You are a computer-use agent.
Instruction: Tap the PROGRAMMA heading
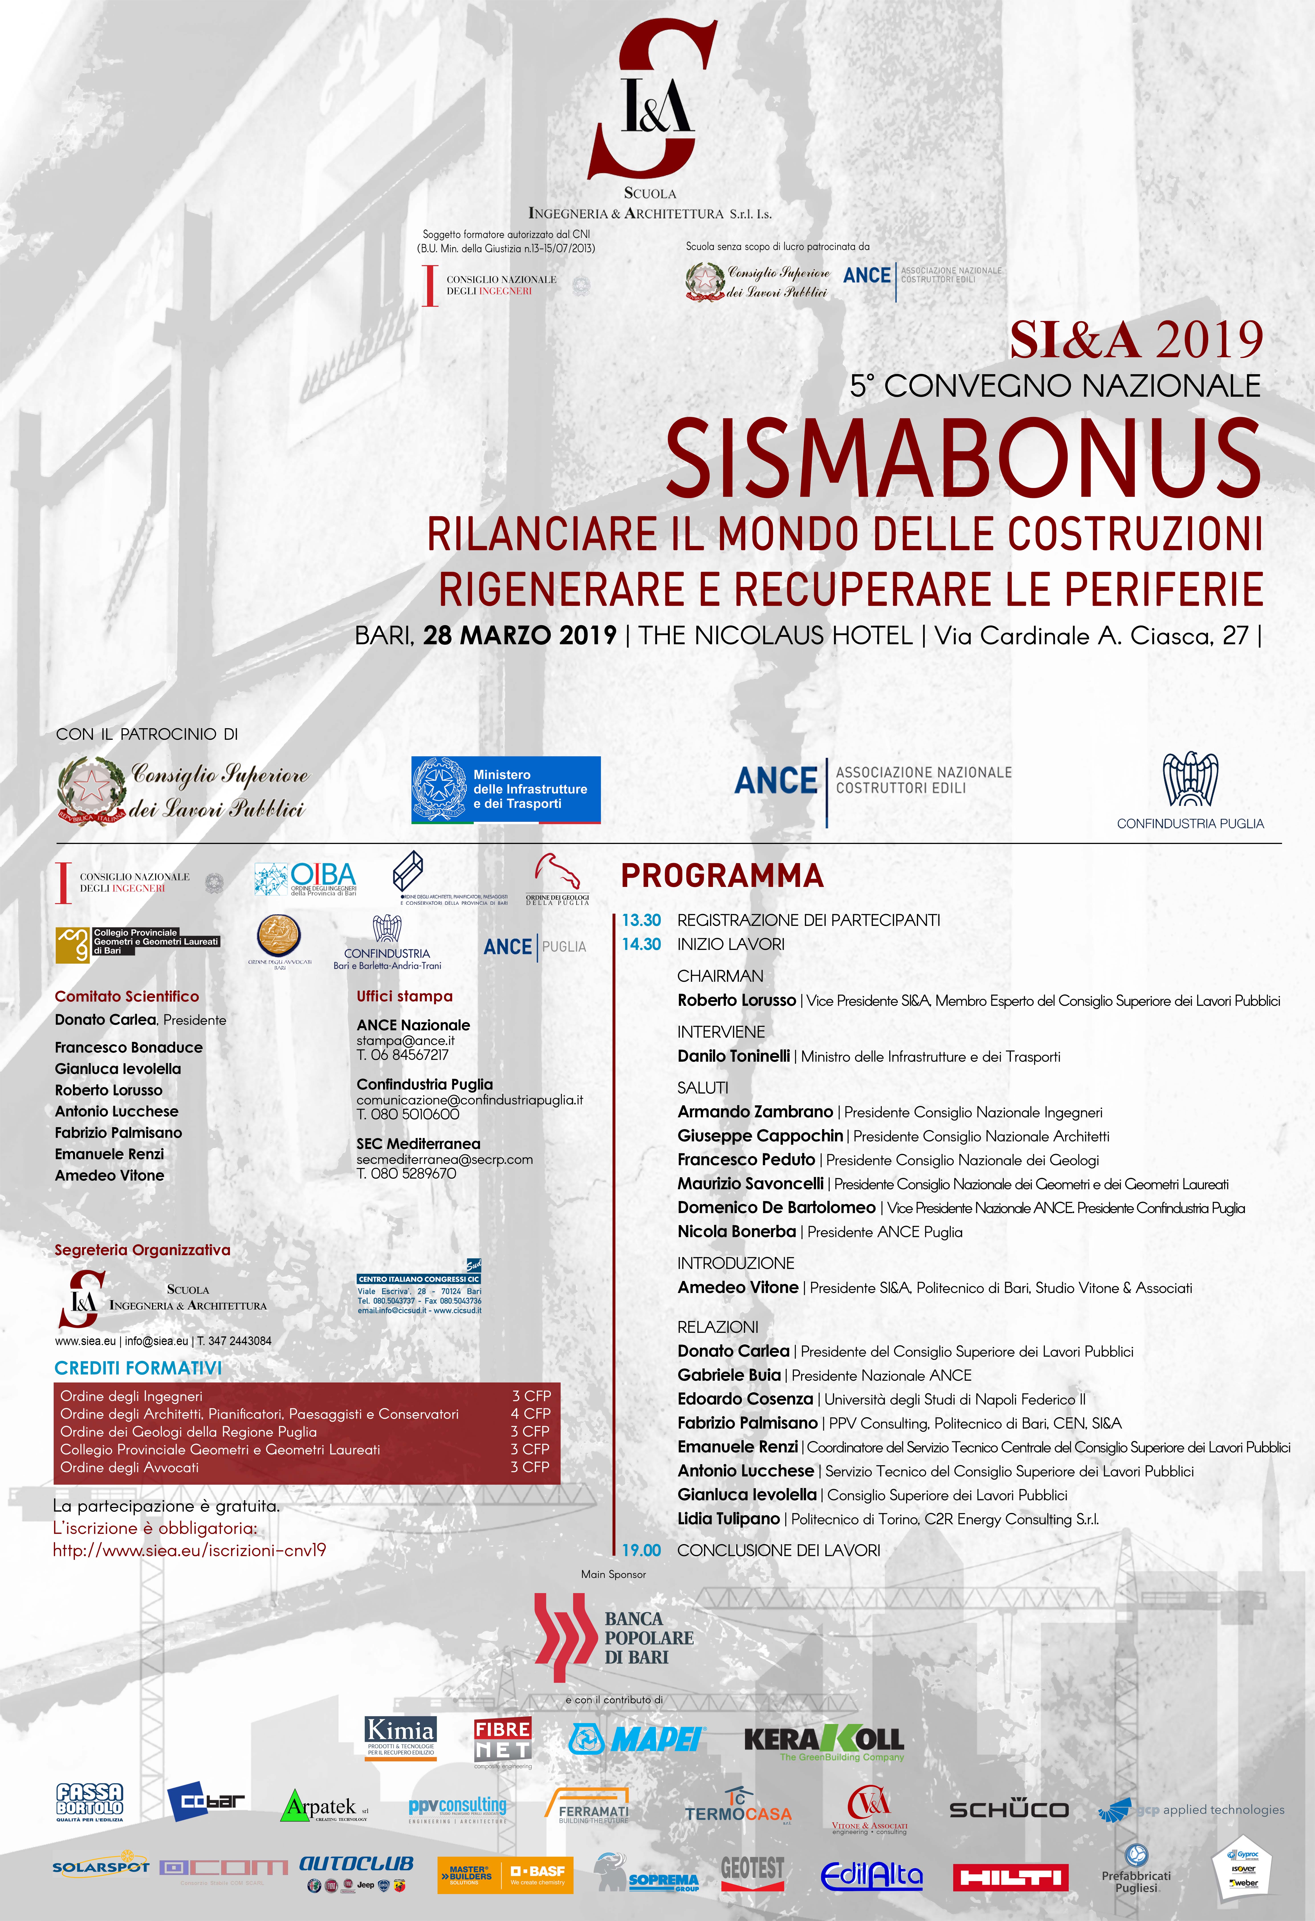722,875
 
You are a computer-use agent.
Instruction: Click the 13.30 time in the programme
641,920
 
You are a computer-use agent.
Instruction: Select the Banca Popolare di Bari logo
614,1638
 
